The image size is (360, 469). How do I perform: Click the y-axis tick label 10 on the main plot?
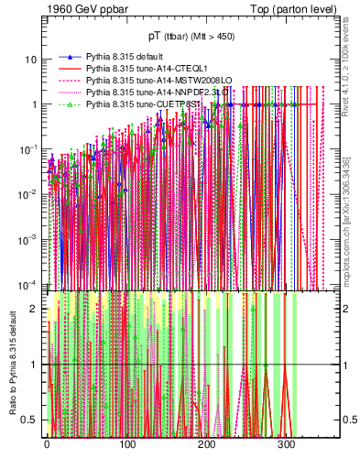click(x=31, y=60)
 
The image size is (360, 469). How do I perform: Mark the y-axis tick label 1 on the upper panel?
click(x=35, y=104)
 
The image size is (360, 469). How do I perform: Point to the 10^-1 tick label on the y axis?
click(x=29, y=148)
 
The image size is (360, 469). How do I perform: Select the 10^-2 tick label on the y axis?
click(x=29, y=193)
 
